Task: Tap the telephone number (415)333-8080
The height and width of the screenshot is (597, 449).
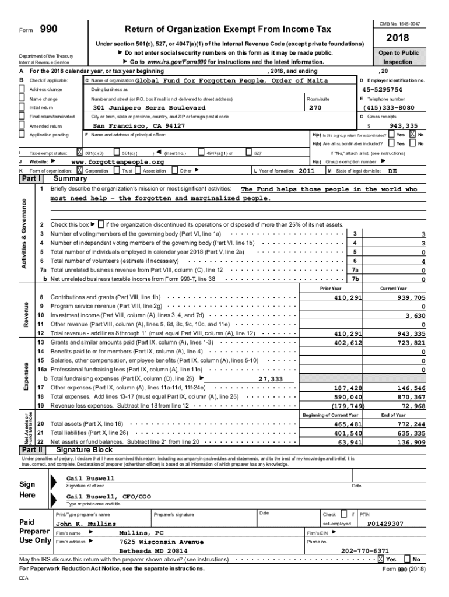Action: (390, 108)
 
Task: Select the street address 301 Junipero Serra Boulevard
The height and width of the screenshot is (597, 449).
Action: (149, 108)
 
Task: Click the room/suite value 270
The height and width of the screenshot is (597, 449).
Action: (315, 108)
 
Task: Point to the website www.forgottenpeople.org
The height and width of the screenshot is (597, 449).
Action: (117, 162)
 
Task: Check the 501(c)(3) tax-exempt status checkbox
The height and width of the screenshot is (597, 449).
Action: (80, 153)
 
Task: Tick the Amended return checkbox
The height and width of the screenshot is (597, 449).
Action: (22, 126)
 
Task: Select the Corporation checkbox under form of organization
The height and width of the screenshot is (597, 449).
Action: (80, 171)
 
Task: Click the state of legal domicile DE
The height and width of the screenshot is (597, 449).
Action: (392, 171)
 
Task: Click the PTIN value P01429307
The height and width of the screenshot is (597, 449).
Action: (385, 524)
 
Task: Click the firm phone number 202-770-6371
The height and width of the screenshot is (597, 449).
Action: (365, 550)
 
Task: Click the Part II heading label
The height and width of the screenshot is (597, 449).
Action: (32, 450)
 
